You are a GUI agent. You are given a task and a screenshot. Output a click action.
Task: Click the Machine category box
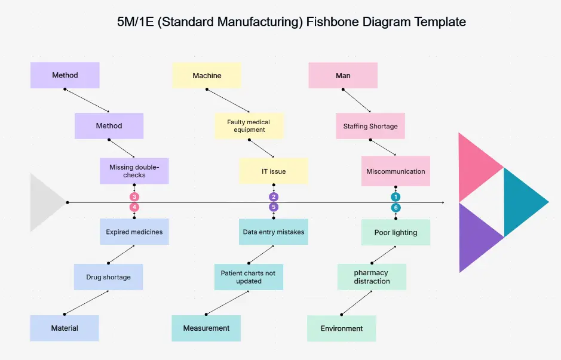(207, 76)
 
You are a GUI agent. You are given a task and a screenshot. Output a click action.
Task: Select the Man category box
(343, 76)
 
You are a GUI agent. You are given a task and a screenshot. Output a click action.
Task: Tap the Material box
(65, 328)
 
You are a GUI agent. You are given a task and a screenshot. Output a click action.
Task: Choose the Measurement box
(206, 328)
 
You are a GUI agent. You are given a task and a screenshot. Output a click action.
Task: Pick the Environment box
(342, 328)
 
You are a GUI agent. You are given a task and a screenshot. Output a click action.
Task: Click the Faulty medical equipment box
(249, 126)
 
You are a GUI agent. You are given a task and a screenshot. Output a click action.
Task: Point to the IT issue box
(274, 171)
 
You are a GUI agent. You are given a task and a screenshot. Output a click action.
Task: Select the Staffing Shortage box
(370, 126)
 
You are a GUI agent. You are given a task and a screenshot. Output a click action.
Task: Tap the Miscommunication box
(396, 171)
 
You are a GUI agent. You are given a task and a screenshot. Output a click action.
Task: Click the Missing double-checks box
(134, 171)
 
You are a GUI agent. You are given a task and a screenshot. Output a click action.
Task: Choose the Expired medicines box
(134, 232)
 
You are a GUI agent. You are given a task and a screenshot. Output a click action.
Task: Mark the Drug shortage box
(108, 277)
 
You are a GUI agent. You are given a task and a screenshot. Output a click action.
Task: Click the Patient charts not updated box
(248, 277)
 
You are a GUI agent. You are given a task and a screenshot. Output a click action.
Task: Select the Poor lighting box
(396, 232)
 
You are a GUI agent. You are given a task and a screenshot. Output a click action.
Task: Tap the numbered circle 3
(134, 197)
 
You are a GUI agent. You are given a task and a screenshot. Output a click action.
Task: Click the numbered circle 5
(274, 207)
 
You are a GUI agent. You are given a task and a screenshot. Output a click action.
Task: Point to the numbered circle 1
(396, 197)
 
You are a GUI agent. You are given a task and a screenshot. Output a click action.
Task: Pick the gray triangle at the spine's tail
(44, 202)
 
